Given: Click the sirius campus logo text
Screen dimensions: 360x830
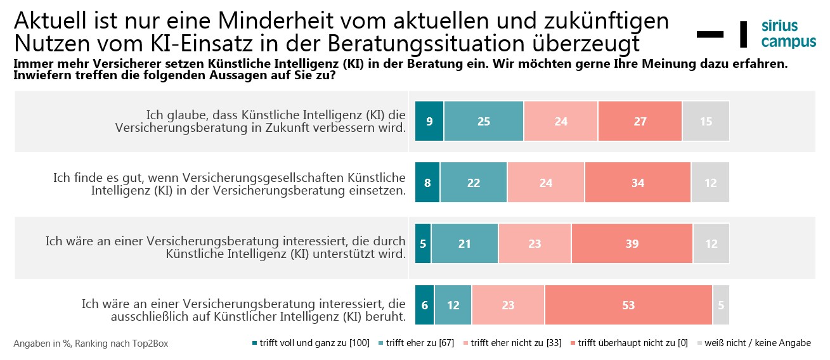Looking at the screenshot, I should [788, 34].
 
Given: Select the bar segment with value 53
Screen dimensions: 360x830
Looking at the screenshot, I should [628, 305].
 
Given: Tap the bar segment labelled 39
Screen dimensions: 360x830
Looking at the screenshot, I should [632, 244].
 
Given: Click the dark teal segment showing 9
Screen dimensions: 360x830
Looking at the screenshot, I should [429, 121].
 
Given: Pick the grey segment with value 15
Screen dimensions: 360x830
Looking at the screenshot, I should [706, 121].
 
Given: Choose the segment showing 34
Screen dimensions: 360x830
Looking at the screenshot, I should [637, 183].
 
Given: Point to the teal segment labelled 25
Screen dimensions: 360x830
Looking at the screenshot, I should [484, 121].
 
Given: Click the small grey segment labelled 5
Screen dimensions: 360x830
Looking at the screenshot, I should [721, 305].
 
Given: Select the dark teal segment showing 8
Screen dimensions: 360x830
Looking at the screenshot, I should [427, 183].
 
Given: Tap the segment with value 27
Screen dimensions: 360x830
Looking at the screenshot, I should [640, 121].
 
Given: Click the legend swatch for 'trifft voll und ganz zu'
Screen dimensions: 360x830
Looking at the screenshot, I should [255, 344].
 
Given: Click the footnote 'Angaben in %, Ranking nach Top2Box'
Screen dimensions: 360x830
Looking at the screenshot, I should [91, 344].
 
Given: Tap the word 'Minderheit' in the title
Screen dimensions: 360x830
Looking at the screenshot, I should [271, 21].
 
